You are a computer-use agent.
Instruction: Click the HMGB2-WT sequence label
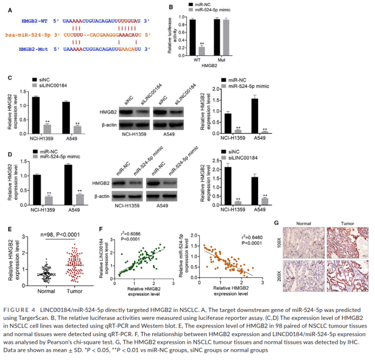(x=35, y=20)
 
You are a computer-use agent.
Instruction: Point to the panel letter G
(x=276, y=222)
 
